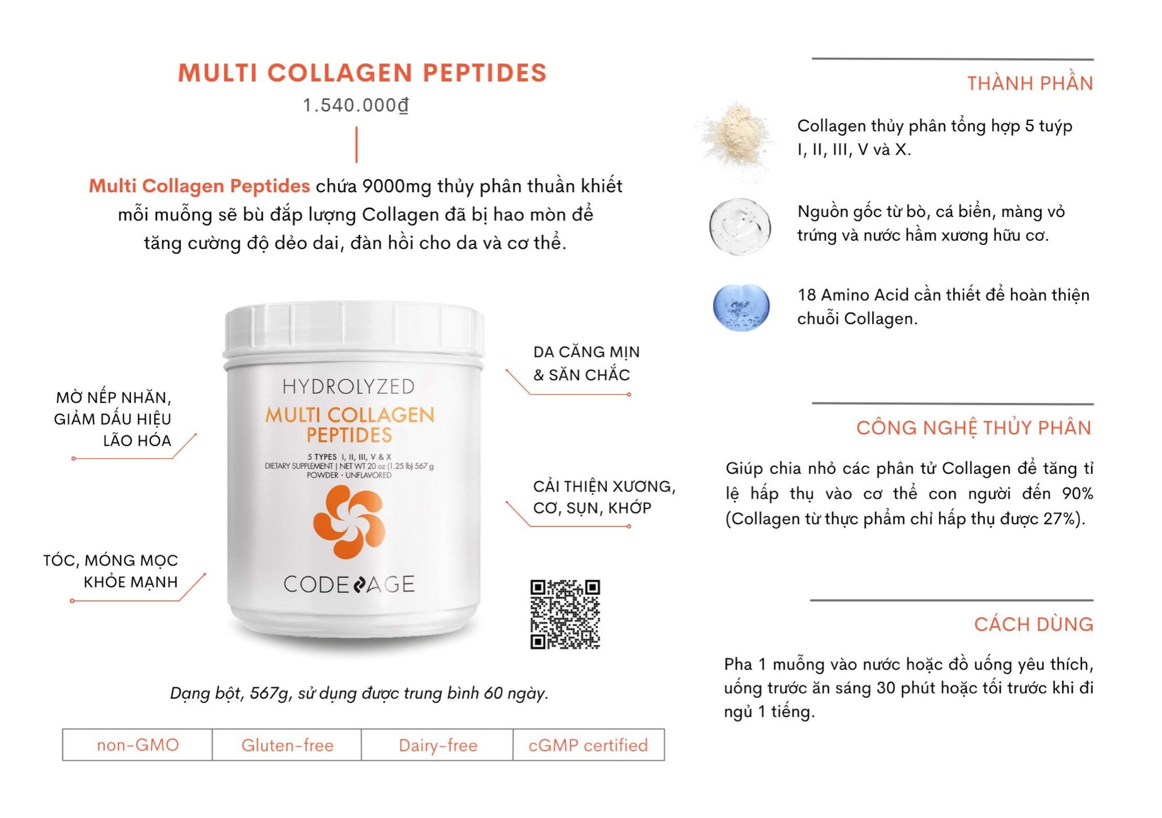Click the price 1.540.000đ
coord(356,105)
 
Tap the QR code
coord(565,614)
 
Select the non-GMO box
coord(138,745)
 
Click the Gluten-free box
coord(287,745)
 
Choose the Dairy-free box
coord(437,745)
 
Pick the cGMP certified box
coord(588,745)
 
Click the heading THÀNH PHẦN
coord(1030,84)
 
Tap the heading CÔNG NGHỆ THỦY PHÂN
coord(974,428)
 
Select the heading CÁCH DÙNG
coord(1033,625)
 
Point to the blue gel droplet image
coord(741,307)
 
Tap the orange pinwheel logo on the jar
coord(349,521)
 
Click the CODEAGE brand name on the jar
coord(349,584)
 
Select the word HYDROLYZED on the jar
coord(349,387)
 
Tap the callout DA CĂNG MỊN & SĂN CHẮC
coord(586,363)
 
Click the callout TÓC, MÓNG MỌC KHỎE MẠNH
coord(111,571)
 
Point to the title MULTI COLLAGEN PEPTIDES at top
coord(362,73)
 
